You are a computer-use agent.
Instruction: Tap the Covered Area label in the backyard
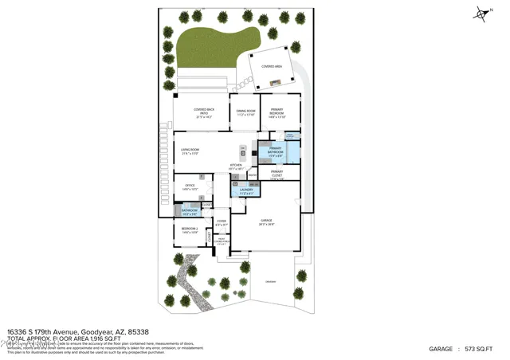pos(273,67)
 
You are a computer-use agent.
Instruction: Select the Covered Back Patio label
pos(202,112)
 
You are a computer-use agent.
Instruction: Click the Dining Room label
pos(245,112)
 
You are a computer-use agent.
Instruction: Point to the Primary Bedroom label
pos(277,112)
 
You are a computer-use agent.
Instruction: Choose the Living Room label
pos(190,151)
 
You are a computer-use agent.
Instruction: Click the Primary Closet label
pos(277,174)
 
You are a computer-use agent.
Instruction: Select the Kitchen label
pos(236,166)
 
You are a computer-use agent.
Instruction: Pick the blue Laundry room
pos(245,190)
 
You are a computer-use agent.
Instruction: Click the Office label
pos(190,187)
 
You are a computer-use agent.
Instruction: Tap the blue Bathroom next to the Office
pos(190,211)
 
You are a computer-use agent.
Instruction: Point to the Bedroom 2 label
pos(190,231)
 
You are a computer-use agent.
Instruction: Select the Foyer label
pos(222,222)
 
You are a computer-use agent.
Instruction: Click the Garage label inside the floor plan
pos(266,223)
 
